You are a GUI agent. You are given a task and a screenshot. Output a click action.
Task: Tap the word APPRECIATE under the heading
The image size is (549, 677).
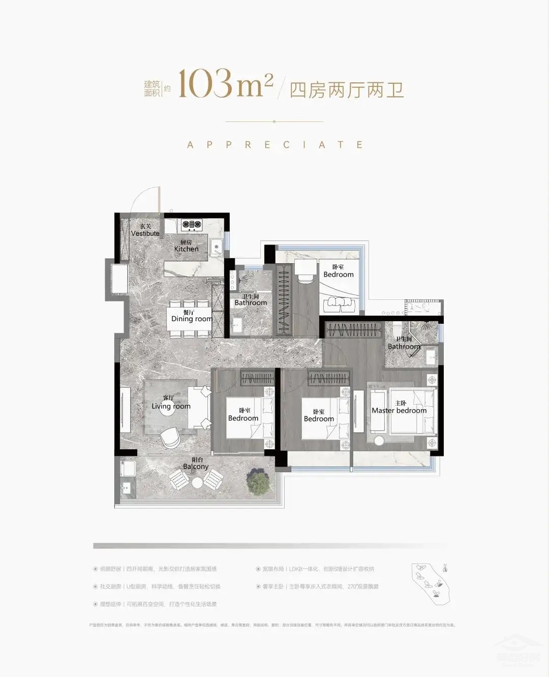click(x=274, y=145)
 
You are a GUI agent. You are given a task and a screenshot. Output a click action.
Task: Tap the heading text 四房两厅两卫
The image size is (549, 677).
click(x=347, y=90)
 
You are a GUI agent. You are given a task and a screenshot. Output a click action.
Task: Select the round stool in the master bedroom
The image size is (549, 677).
click(x=379, y=441)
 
